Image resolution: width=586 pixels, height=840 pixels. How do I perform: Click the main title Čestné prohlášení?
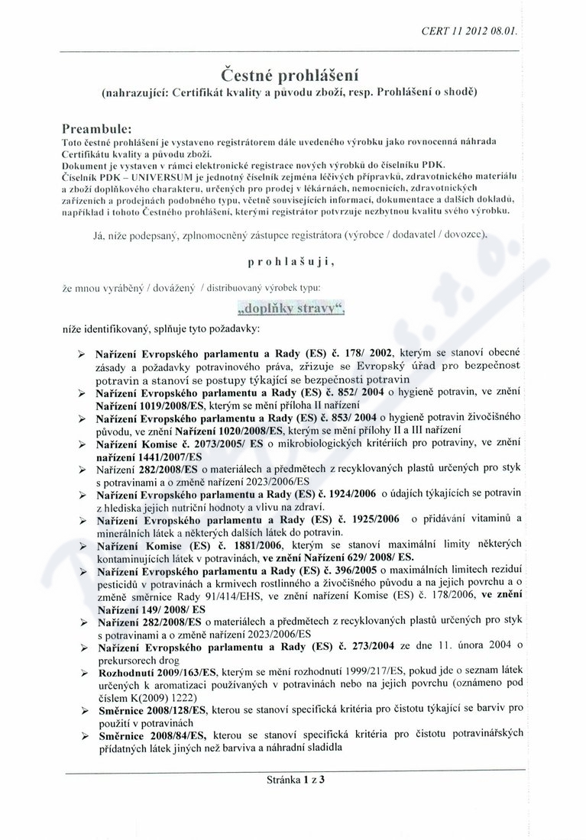[x=290, y=75]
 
